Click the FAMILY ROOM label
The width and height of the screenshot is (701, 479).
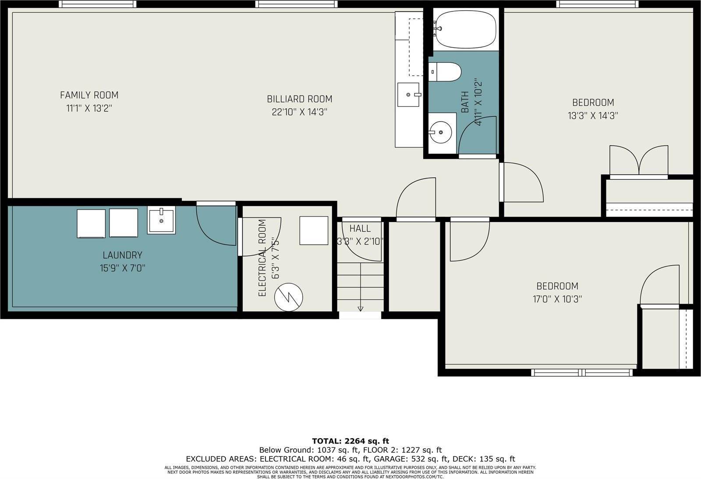pyautogui.click(x=89, y=95)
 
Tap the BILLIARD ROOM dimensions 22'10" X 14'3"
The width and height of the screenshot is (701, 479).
pyautogui.click(x=300, y=112)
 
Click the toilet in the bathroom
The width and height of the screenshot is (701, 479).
pyautogui.click(x=445, y=72)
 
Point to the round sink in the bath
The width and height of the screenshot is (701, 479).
pyautogui.click(x=440, y=131)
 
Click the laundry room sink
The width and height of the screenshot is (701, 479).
pyautogui.click(x=161, y=221)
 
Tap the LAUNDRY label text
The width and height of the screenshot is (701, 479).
pyautogui.click(x=122, y=255)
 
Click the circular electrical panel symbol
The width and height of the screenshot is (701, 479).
pyautogui.click(x=289, y=297)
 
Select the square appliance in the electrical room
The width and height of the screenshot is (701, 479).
pyautogui.click(x=314, y=230)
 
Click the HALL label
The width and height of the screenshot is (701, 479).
pyautogui.click(x=360, y=229)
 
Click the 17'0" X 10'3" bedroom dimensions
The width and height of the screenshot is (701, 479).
pyautogui.click(x=557, y=300)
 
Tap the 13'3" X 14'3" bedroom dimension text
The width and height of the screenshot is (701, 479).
pyautogui.click(x=593, y=116)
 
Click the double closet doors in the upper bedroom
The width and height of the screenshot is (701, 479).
pyautogui.click(x=639, y=161)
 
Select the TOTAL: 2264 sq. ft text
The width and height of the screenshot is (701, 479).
pyautogui.click(x=350, y=441)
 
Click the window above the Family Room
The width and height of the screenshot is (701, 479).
pyautogui.click(x=98, y=4)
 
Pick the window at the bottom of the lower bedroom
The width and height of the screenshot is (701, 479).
pyautogui.click(x=582, y=373)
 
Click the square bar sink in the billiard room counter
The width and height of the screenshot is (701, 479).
pyautogui.click(x=408, y=94)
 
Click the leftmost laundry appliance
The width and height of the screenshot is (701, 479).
pyautogui.click(x=91, y=223)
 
